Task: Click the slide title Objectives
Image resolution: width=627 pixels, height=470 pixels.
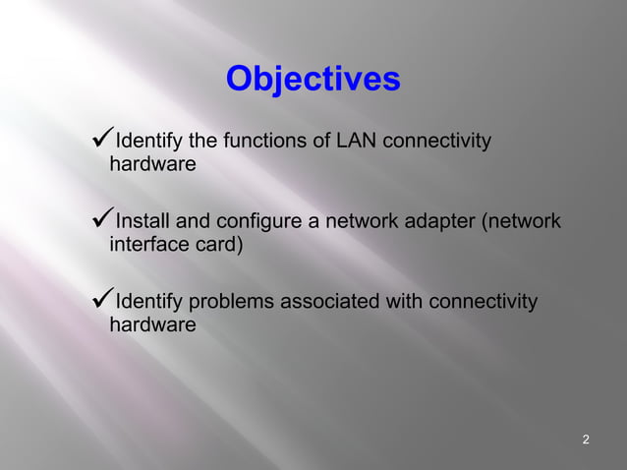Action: coord(313,80)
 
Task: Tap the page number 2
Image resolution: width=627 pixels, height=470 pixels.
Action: coord(586,439)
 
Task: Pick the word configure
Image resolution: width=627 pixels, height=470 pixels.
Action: coord(261,222)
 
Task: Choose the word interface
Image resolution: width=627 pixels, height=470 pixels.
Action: coord(148,244)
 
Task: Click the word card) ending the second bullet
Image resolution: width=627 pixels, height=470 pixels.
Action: coord(217,245)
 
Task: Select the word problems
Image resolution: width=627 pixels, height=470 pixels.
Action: coord(231,301)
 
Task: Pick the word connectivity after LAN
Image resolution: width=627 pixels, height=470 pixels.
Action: coord(435,142)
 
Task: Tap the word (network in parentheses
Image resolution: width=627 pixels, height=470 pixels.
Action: coord(521,221)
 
